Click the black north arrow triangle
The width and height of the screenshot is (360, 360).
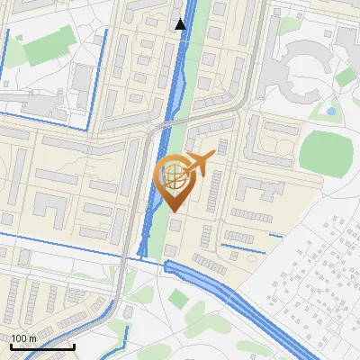(x=180, y=23)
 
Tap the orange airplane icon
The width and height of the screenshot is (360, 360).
(x=200, y=165)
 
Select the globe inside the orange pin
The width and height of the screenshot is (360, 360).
(x=175, y=177)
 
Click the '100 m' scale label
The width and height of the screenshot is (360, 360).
(x=23, y=338)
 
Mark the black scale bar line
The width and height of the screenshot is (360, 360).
(x=42, y=346)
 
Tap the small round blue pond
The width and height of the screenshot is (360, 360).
(x=331, y=112)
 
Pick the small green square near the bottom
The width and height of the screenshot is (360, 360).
(x=179, y=299)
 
